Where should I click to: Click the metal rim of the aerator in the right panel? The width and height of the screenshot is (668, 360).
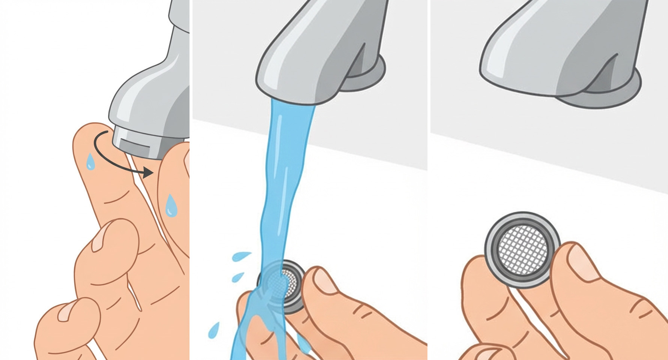(x=492, y=262)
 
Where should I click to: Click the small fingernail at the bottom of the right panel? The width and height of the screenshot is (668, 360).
(x=488, y=354)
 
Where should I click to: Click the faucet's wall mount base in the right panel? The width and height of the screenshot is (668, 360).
(x=615, y=94)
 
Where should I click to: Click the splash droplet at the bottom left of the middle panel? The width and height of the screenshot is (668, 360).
(x=214, y=330)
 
